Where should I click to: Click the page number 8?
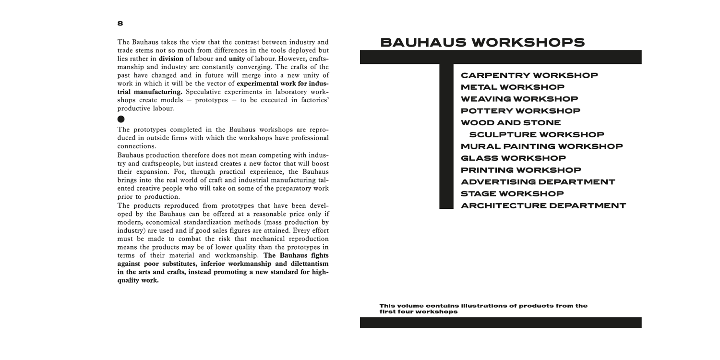pos(120,24)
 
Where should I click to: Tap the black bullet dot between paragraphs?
pos(121,119)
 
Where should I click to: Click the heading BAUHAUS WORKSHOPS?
pos(482,43)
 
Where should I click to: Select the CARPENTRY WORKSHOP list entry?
pos(529,75)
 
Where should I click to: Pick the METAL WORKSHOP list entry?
pos(512,87)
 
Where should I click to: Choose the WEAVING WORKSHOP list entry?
pos(519,99)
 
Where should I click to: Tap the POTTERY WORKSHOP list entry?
pos(520,111)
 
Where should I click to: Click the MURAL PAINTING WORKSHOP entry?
pos(541,146)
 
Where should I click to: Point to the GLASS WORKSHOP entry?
pos(513,158)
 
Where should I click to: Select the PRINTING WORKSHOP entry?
pos(521,170)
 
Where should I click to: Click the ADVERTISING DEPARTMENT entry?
pos(538,182)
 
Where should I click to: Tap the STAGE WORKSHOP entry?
pos(512,194)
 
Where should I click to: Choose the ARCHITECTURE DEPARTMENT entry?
pos(543,206)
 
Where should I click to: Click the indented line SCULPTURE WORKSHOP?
pos(537,135)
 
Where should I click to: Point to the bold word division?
pos(171,59)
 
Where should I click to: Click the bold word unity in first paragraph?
pos(237,59)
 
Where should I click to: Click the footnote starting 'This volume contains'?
pos(483,309)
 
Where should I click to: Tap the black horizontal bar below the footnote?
pos(501,323)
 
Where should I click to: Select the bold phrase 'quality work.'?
pos(138,281)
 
